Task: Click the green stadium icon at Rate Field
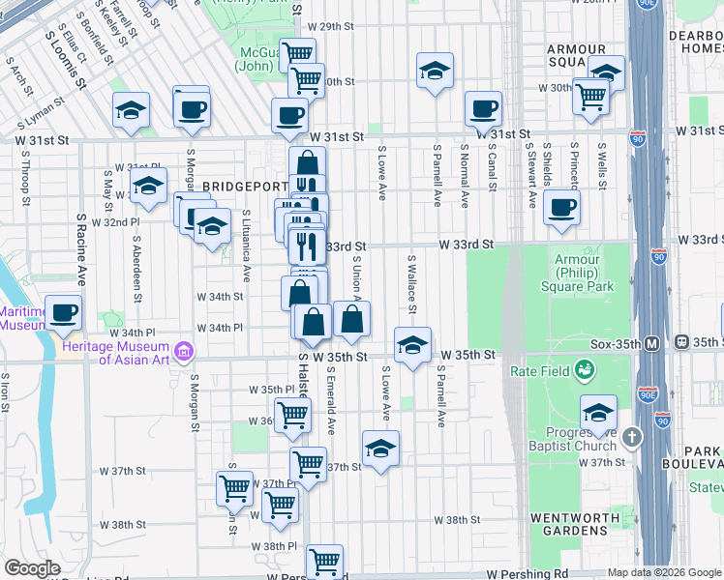pos(585,369)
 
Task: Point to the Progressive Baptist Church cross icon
pos(632,438)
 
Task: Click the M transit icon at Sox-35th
pos(652,343)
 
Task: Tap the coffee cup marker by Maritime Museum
pos(64,312)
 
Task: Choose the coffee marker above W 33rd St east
pos(561,207)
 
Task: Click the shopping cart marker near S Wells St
pos(590,96)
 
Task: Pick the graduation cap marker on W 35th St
pos(412,344)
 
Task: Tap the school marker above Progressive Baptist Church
pos(598,413)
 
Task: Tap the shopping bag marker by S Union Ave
pos(351,319)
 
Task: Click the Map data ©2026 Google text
pos(663,572)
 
